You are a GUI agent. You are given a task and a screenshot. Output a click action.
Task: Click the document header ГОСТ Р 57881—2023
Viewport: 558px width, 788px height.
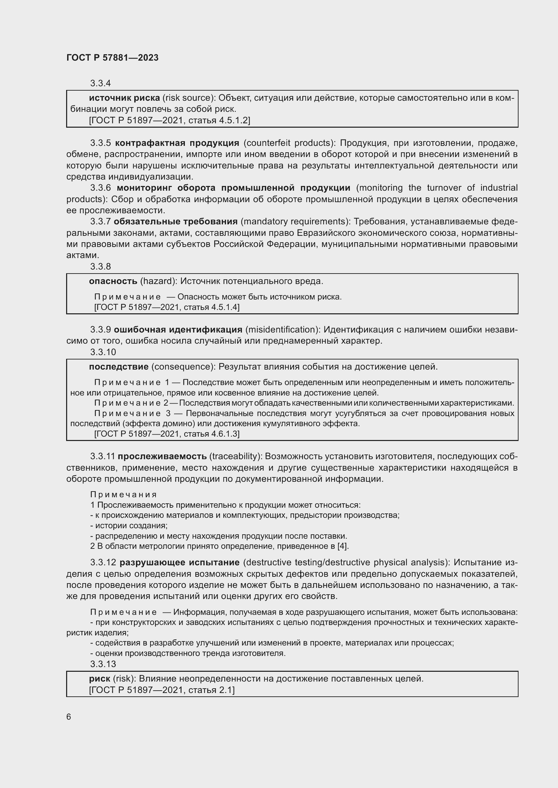(112, 58)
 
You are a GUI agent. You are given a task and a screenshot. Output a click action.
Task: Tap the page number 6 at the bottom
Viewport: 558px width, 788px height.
(69, 717)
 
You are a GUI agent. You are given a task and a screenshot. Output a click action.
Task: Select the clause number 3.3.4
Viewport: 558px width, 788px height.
(100, 84)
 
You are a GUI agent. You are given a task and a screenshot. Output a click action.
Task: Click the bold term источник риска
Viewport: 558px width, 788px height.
(124, 98)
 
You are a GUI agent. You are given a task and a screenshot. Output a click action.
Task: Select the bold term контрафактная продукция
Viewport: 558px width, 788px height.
(177, 143)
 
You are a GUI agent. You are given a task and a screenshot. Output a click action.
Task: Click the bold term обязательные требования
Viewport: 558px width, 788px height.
(175, 222)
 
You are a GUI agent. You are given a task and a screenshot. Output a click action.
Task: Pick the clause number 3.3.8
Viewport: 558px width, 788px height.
(100, 267)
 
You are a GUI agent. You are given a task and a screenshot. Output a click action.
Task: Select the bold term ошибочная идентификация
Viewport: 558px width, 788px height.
(178, 330)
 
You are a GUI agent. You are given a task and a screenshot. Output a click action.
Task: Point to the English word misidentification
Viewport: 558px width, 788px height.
(282, 330)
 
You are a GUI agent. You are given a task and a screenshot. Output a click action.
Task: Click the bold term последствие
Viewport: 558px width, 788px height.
(118, 367)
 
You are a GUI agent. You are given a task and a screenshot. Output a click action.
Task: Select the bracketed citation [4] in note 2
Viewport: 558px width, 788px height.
(342, 546)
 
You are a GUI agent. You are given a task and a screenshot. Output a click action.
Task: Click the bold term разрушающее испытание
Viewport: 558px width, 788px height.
(179, 563)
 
